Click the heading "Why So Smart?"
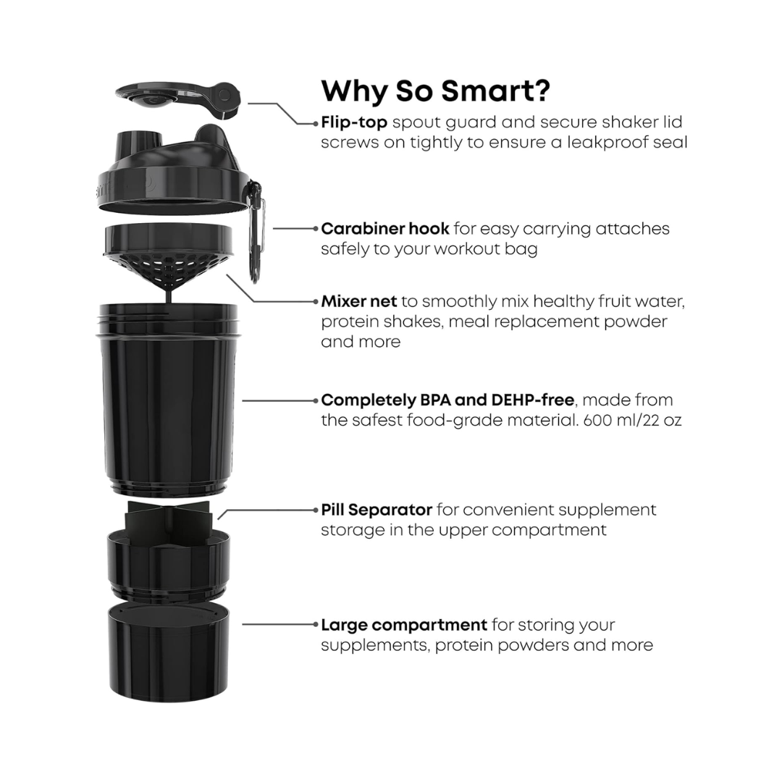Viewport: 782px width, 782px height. coord(435,91)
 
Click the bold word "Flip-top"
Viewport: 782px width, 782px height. coord(353,122)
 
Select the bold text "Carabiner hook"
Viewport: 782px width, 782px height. coord(385,229)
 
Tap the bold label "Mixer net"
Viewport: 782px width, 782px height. coord(358,301)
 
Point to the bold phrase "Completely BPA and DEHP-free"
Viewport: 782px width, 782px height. coord(447,400)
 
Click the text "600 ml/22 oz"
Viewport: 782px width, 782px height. coord(632,420)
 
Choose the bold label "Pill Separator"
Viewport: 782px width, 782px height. coord(377,510)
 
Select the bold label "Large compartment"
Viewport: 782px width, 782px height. coord(403,624)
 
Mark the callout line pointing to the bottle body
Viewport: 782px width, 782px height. coord(279,400)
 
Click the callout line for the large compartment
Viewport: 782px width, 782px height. coord(279,624)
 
